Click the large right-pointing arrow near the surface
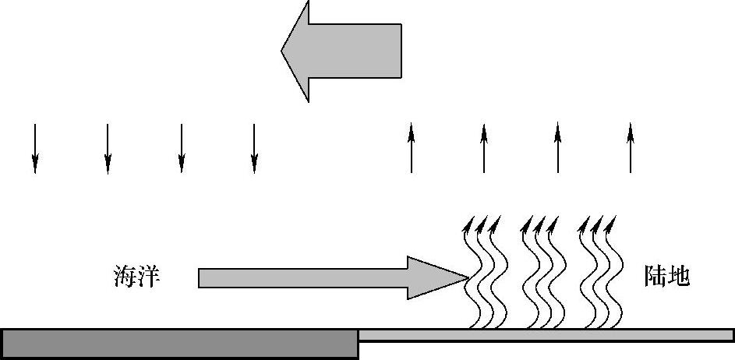(327, 277)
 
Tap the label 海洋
(137, 277)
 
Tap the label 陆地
(667, 277)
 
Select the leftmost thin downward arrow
(34, 148)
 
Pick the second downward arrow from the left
(108, 148)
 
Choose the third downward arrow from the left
(181, 148)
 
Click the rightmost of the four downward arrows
(254, 148)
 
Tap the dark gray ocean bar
(179, 344)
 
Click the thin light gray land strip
(546, 335)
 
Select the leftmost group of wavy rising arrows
(481, 273)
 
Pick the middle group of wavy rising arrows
(539, 273)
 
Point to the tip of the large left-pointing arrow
(283, 51)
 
